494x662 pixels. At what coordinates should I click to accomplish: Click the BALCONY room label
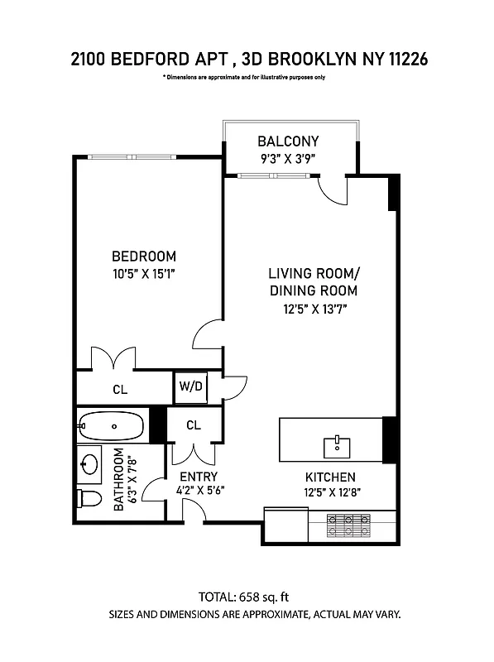(287, 142)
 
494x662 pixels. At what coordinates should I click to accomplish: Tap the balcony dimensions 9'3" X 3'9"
(287, 158)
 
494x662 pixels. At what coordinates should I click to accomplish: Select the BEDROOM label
(144, 257)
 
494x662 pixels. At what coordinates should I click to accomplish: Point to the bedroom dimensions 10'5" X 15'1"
(144, 273)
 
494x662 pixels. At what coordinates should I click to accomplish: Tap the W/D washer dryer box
(189, 386)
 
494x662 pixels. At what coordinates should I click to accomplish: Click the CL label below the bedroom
(121, 389)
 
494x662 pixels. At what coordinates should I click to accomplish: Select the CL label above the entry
(193, 425)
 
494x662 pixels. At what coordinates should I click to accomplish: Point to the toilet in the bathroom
(88, 498)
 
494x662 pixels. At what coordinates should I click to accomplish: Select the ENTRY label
(199, 477)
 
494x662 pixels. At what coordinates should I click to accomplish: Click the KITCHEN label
(329, 477)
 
